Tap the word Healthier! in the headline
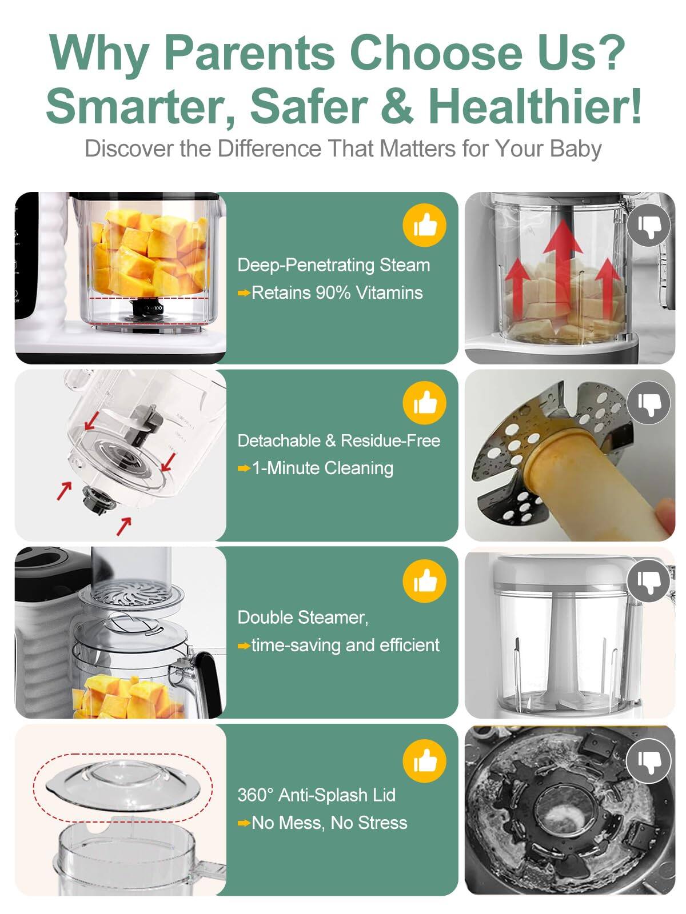click(535, 106)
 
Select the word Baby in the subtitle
click(576, 149)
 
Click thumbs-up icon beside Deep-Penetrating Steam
click(424, 226)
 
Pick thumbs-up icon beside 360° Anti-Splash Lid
click(424, 759)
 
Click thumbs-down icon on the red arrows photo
click(648, 226)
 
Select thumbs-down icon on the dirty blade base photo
click(648, 760)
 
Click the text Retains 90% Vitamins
click(337, 293)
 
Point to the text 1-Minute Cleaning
click(322, 468)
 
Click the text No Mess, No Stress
click(329, 823)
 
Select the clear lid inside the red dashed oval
click(122, 784)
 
